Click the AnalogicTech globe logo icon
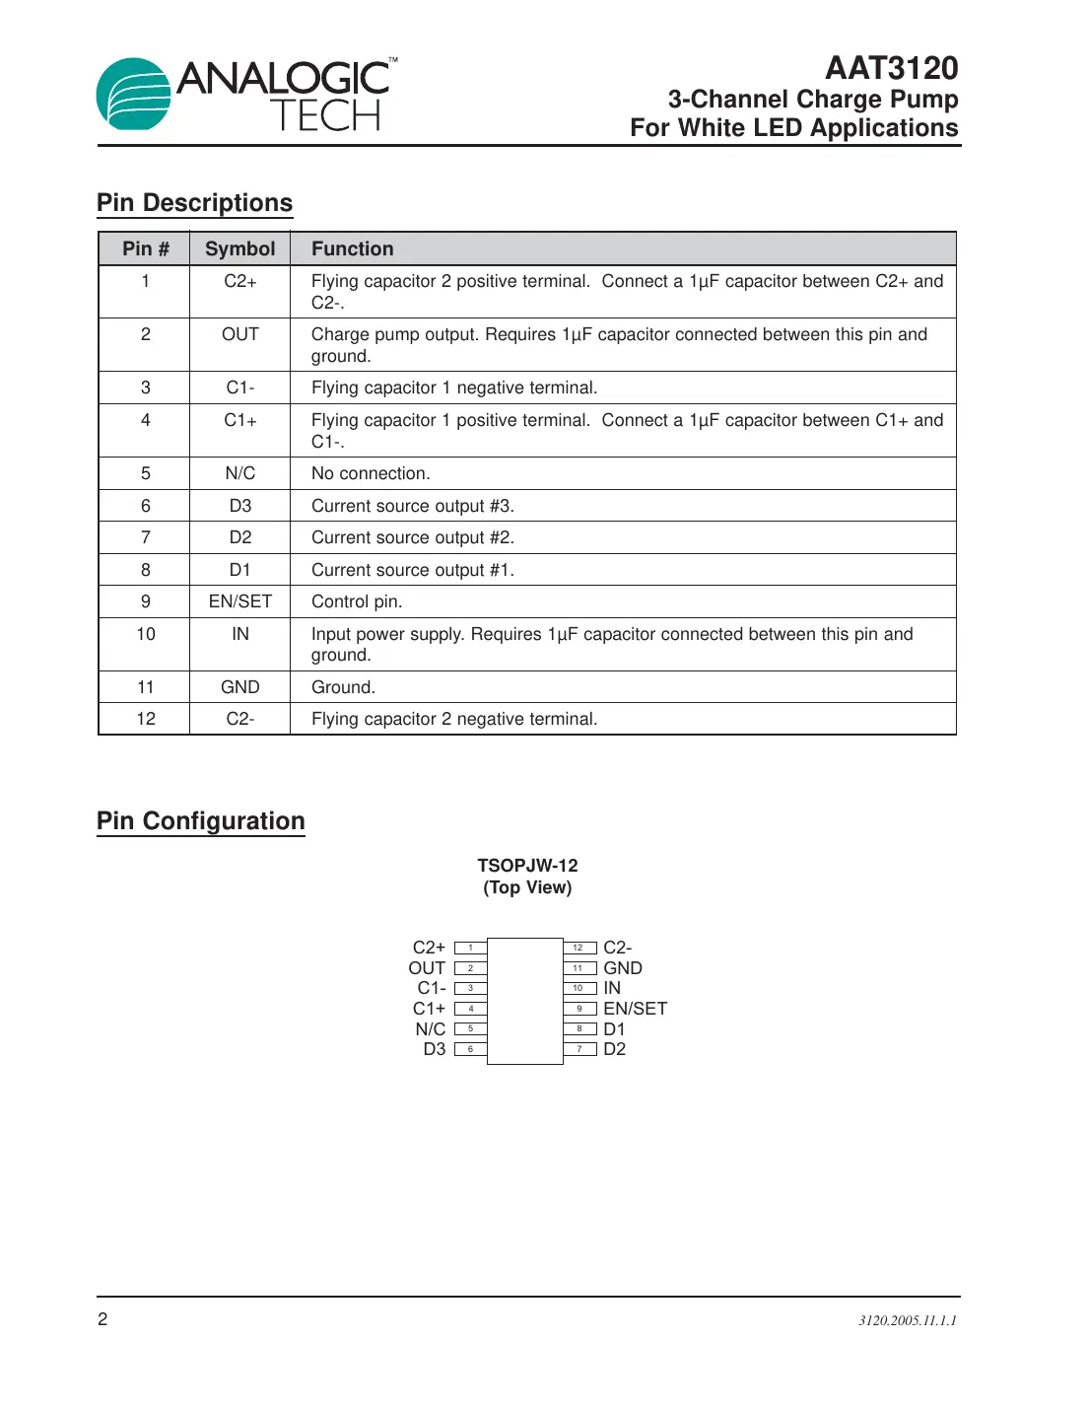click(134, 95)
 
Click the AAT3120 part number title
click(891, 68)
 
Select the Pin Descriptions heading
click(194, 203)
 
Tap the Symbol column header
click(239, 248)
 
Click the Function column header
click(352, 248)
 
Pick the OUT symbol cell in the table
click(239, 334)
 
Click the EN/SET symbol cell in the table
click(239, 601)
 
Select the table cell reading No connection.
click(371, 473)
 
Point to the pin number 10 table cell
click(146, 634)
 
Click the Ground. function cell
click(343, 687)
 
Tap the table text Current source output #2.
click(412, 537)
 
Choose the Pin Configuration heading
click(201, 821)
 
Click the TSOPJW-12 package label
click(527, 865)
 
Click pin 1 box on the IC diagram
click(471, 948)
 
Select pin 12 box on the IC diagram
click(579, 948)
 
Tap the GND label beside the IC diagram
click(622, 968)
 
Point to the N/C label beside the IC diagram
click(430, 1028)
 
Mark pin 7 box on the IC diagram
click(579, 1049)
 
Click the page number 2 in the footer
click(102, 1319)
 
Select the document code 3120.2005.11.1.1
click(907, 1320)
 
